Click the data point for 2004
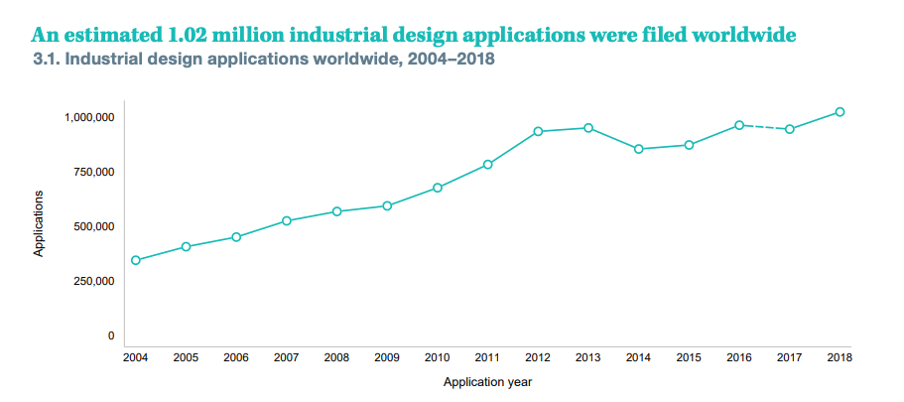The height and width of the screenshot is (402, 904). [135, 260]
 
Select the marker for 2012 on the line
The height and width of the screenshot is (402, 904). [538, 131]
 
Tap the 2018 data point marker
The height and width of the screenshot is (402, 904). [839, 112]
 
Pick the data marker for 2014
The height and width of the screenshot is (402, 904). [638, 149]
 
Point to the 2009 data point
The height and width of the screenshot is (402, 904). [387, 205]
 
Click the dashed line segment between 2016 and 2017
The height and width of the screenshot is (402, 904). [764, 127]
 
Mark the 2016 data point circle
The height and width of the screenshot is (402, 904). [739, 125]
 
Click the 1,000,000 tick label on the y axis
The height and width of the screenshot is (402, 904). [89, 117]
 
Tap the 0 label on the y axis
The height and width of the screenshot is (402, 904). [111, 335]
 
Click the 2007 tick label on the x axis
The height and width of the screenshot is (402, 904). [286, 357]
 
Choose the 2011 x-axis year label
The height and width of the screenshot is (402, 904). [487, 357]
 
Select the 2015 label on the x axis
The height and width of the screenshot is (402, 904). [689, 357]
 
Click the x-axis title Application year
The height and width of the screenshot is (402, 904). [487, 382]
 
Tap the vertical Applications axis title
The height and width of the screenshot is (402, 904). [39, 224]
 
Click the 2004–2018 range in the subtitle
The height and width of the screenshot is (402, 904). [446, 60]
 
